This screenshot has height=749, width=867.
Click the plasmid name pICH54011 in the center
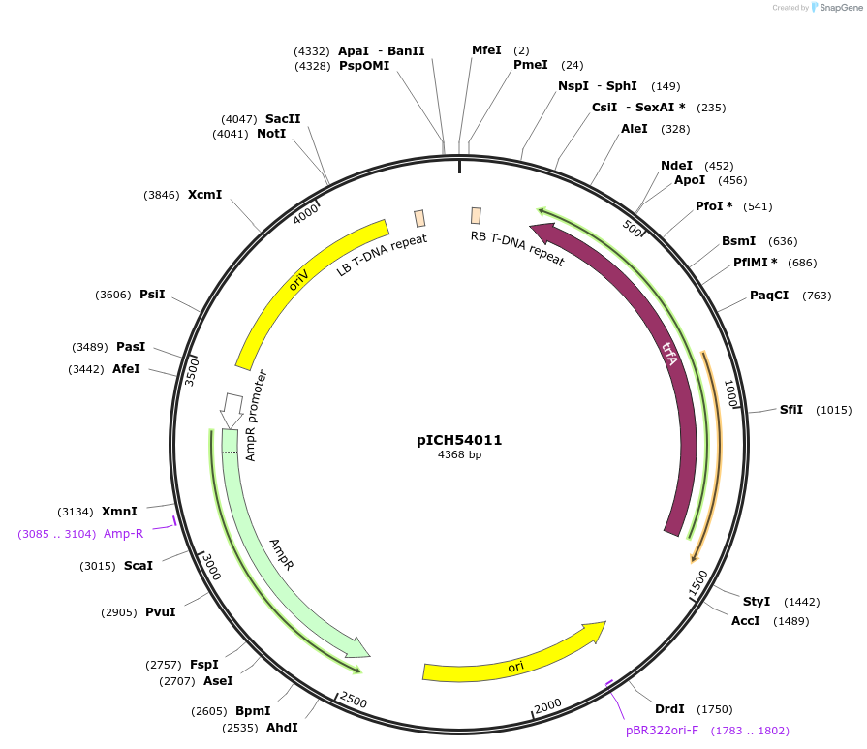click(x=459, y=440)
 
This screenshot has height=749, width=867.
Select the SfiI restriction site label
click(x=791, y=409)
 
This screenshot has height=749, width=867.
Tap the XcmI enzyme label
click(x=204, y=195)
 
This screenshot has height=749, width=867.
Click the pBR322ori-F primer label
click(x=662, y=730)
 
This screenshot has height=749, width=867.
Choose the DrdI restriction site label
click(x=669, y=708)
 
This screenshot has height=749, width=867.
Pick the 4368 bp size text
click(x=459, y=455)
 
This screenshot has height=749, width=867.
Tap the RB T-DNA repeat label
click(x=517, y=248)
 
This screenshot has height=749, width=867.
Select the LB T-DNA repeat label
click(x=382, y=255)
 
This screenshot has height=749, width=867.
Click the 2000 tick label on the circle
click(x=547, y=704)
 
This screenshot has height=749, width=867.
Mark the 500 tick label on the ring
click(x=633, y=229)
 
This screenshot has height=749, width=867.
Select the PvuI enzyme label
click(x=160, y=611)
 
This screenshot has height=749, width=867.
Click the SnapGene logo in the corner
click(x=832, y=8)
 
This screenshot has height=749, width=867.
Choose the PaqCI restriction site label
click(x=769, y=296)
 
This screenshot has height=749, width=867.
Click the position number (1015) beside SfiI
click(x=833, y=410)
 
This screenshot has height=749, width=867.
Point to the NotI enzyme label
click(x=271, y=134)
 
